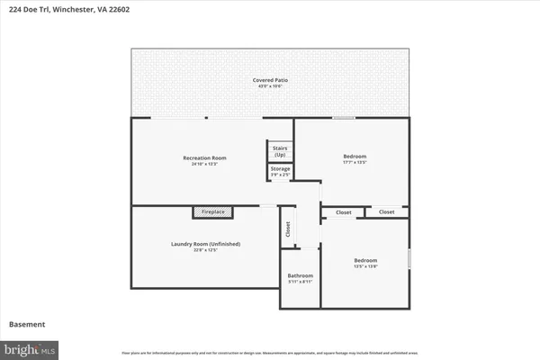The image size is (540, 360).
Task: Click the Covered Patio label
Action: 270,80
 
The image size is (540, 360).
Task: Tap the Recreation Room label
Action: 203,157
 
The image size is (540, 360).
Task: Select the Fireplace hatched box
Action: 213,212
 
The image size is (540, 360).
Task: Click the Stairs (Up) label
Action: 280,151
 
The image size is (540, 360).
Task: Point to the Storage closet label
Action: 280,168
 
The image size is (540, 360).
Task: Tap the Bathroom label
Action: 301,275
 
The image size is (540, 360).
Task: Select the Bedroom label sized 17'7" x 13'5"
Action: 355,157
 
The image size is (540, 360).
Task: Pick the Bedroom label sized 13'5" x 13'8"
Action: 365,261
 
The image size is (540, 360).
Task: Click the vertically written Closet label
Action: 288,229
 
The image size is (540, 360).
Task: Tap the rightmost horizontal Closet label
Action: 386,212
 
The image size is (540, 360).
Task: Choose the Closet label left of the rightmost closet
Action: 344,212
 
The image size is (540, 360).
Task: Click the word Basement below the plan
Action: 27,324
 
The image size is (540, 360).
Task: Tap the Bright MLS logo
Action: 31,347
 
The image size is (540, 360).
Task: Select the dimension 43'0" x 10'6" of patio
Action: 270,86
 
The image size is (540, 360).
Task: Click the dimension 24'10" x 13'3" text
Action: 203,164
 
